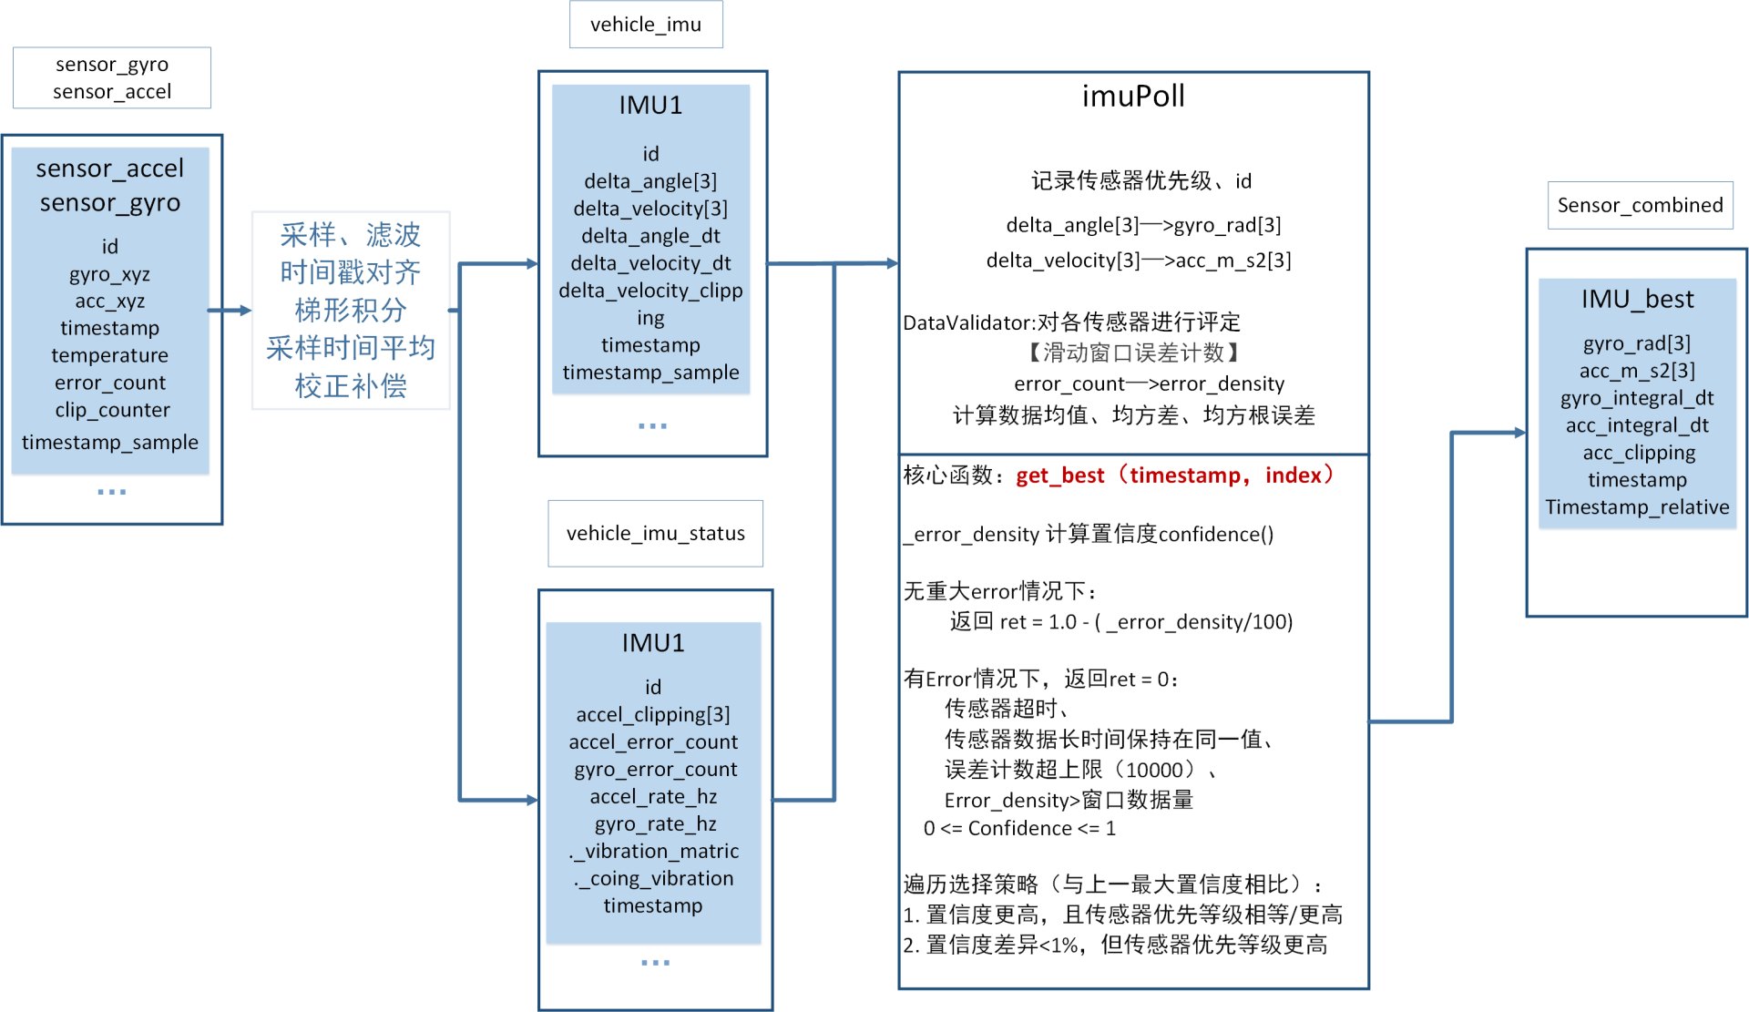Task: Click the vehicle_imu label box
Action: [x=646, y=25]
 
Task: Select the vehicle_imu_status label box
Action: [x=655, y=533]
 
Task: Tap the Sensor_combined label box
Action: [x=1640, y=205]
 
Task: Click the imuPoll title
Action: [x=1133, y=96]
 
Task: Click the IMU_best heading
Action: [x=1637, y=299]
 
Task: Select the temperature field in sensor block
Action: [x=109, y=355]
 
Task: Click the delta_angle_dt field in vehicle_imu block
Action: [x=650, y=236]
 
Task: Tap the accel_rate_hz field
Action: [x=653, y=796]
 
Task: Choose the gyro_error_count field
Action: [x=655, y=769]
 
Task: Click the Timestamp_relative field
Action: [x=1637, y=507]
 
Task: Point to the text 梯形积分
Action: [x=351, y=310]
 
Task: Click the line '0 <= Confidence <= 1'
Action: [x=1019, y=828]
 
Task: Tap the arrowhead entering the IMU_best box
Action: [x=1519, y=433]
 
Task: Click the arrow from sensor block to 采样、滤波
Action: [x=230, y=311]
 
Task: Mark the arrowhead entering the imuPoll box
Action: [x=892, y=263]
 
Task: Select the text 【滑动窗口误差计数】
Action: [x=1133, y=353]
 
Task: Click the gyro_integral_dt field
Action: [x=1637, y=398]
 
